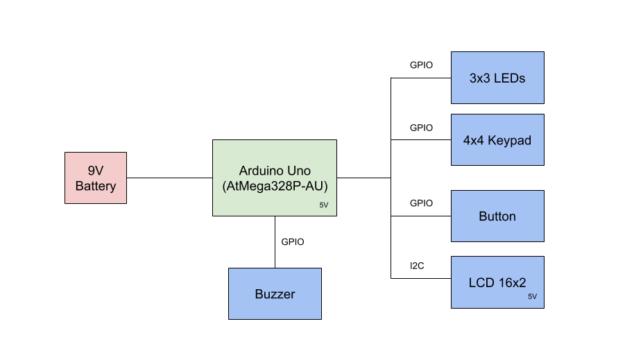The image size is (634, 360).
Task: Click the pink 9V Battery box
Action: coord(96,178)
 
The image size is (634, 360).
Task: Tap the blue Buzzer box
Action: coord(275,294)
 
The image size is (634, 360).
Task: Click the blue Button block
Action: coord(497,216)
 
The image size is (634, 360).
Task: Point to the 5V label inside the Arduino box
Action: coord(324,205)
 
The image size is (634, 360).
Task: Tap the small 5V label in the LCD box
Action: coord(532,297)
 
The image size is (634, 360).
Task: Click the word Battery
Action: coord(96,187)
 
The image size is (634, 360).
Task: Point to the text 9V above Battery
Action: coord(96,171)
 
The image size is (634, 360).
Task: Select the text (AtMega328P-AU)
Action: coord(275,187)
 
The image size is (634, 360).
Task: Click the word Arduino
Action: coord(261,171)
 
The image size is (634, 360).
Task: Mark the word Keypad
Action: coord(509,141)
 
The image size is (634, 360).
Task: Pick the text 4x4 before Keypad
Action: coord(474,141)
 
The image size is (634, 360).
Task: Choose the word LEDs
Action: coord(509,78)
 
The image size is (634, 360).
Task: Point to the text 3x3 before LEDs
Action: coord(480,78)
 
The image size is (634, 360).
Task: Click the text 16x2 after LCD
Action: coord(511,283)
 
